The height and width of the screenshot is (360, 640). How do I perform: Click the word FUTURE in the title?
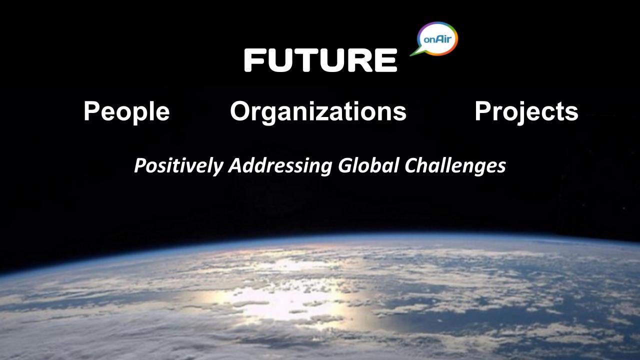(x=320, y=60)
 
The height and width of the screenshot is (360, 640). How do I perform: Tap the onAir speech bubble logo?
(x=435, y=39)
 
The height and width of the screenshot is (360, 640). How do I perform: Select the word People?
(x=126, y=112)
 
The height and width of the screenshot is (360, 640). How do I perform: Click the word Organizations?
(x=318, y=112)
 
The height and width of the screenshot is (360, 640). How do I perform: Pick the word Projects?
(x=526, y=112)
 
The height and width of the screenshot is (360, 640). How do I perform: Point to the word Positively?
(x=179, y=165)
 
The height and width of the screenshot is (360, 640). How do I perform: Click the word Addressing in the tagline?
(x=280, y=165)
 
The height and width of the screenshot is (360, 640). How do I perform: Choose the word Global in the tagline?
(x=368, y=165)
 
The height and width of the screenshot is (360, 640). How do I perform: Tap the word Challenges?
(x=455, y=165)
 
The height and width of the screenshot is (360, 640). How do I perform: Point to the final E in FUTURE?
(x=385, y=60)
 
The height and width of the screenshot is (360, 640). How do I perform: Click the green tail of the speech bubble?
(x=415, y=52)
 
